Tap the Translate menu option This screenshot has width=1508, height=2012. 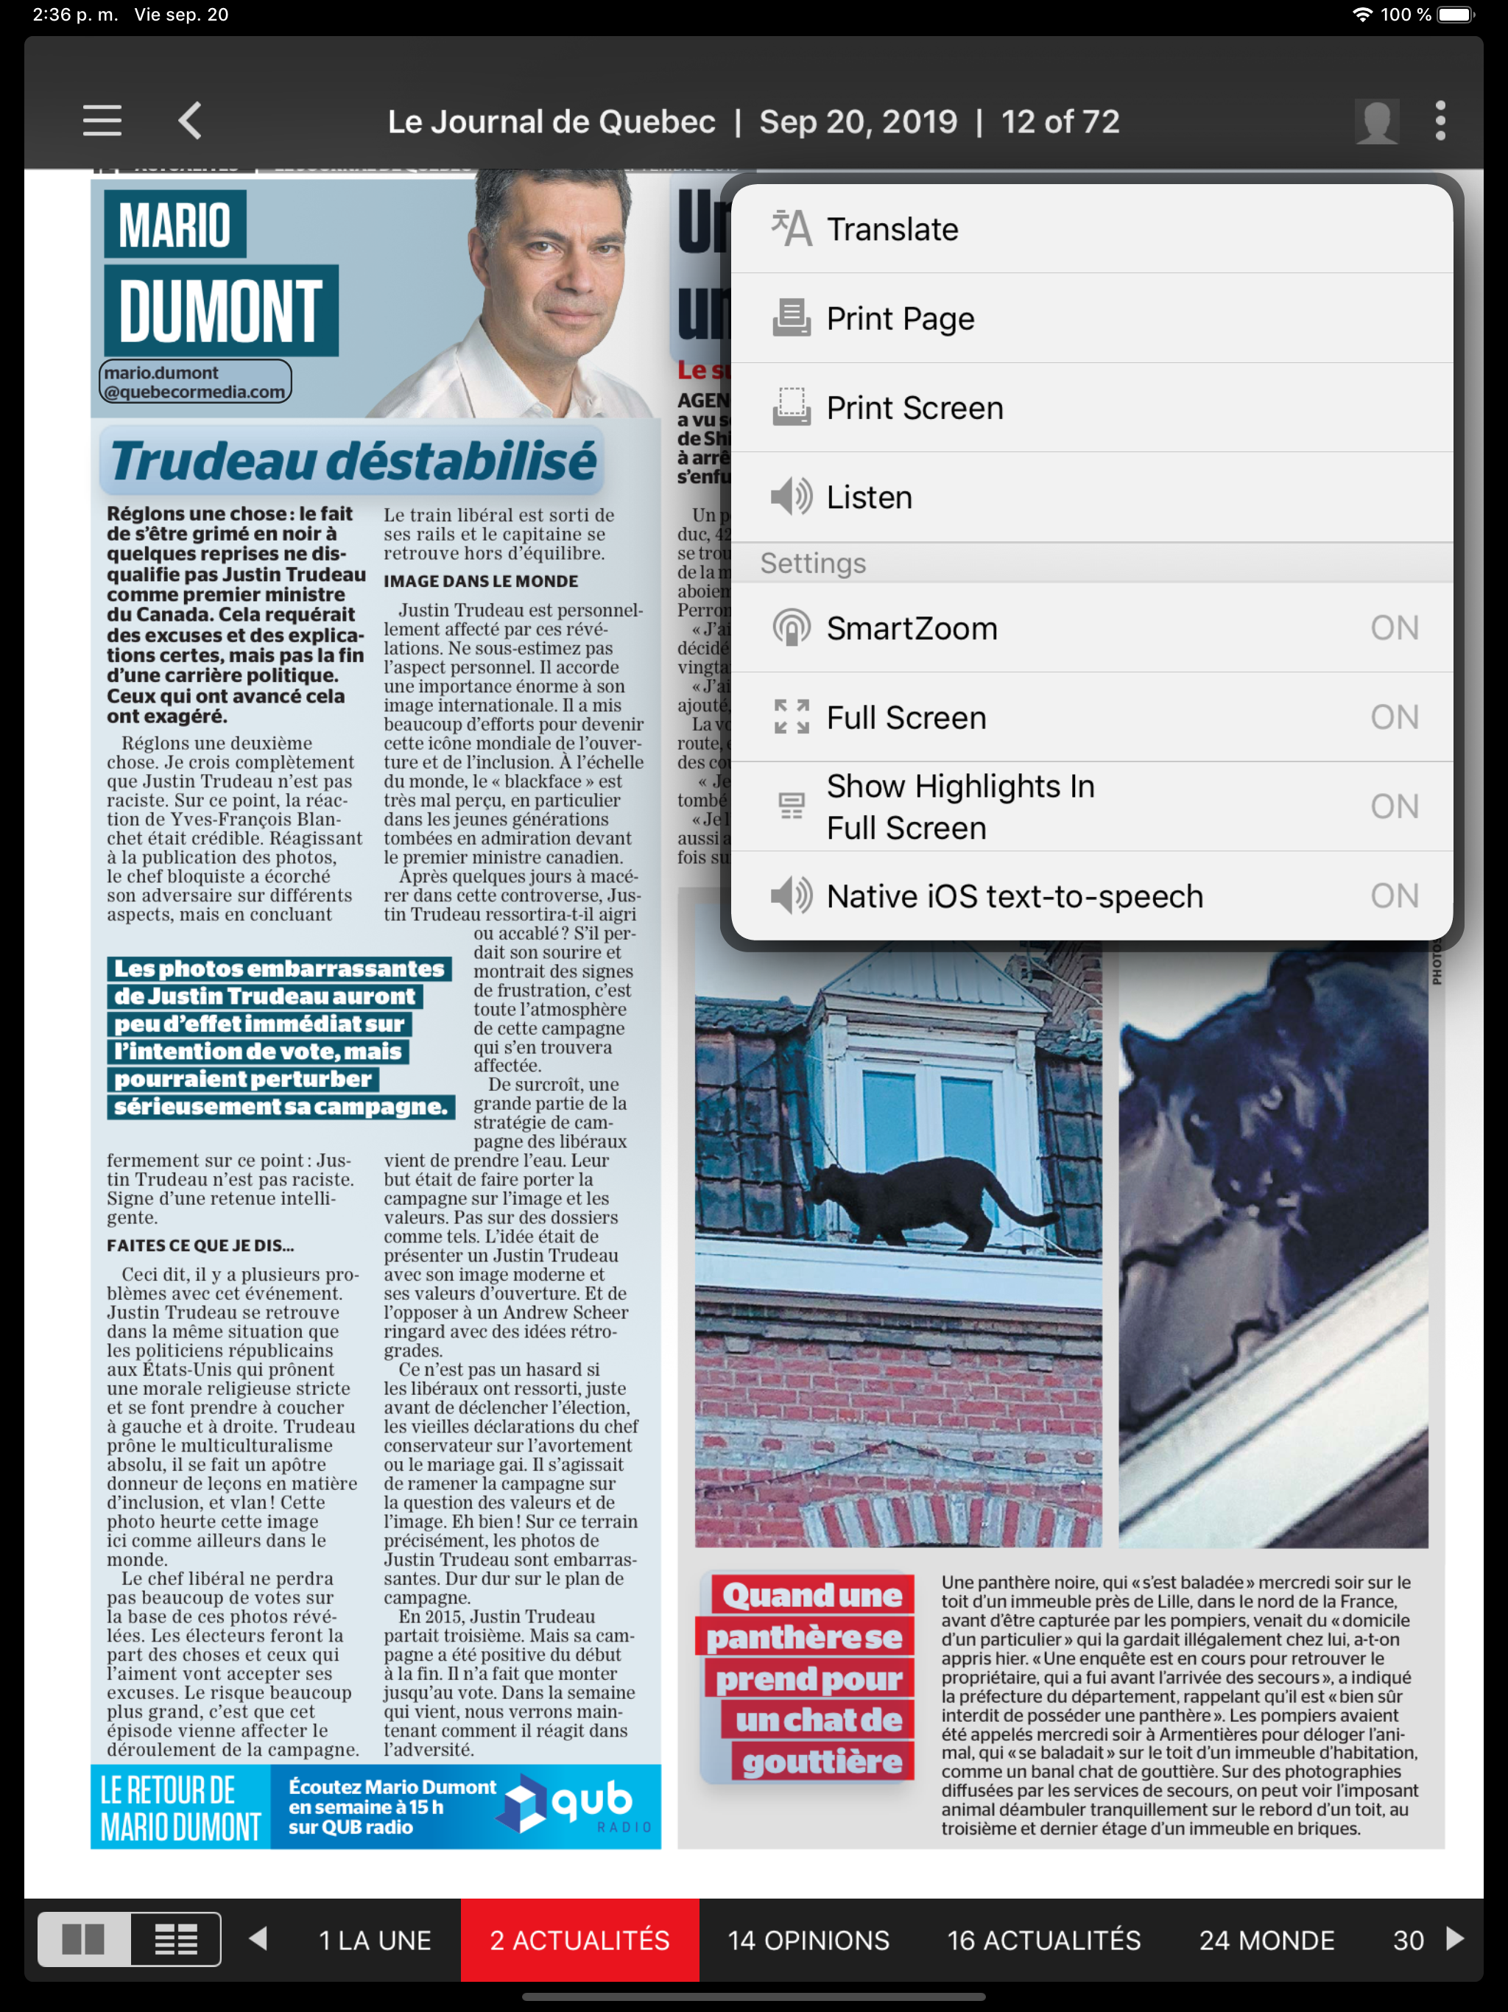pos(892,229)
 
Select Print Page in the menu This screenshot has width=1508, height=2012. pos(900,318)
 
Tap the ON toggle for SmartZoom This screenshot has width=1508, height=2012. pos(1393,627)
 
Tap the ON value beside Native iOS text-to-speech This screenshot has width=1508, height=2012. pos(1393,896)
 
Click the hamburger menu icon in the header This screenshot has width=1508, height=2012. pos(102,121)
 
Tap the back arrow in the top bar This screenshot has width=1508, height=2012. pos(189,121)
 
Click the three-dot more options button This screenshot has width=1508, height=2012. pos(1440,121)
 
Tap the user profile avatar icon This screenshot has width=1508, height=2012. pos(1376,121)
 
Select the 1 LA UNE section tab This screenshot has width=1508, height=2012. pos(375,1940)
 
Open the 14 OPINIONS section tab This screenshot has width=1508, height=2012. pos(808,1940)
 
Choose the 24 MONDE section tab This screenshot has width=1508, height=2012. pos(1266,1940)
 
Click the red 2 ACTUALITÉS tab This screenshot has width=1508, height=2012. pos(579,1940)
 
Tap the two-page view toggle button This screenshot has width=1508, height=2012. pos(84,1940)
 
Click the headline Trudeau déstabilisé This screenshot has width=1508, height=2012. pos(353,460)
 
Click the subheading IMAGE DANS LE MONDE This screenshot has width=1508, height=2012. pos(480,581)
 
